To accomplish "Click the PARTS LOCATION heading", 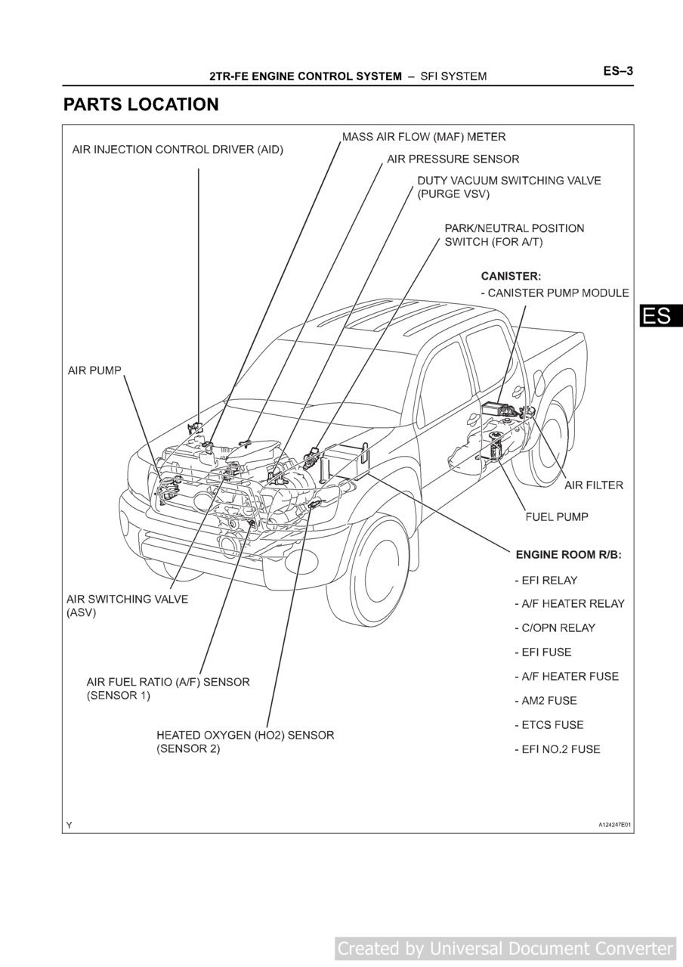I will [x=141, y=104].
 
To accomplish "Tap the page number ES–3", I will [x=617, y=71].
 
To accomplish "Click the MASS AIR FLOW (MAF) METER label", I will [x=424, y=137].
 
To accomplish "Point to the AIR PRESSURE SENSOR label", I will [x=453, y=159].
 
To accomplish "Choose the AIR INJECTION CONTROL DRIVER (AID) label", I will [x=178, y=149].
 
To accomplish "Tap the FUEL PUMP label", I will [x=557, y=517].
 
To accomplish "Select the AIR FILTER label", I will [x=594, y=485].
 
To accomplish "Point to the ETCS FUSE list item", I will [x=549, y=725].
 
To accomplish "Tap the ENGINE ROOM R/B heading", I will [x=568, y=555].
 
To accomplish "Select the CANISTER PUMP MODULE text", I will [x=555, y=293].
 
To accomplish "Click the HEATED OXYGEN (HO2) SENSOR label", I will [x=245, y=735].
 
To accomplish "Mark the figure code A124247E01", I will [x=610, y=825].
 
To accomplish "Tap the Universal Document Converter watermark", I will [x=505, y=948].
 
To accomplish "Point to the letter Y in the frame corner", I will [x=70, y=825].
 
